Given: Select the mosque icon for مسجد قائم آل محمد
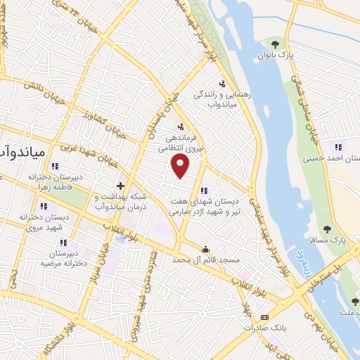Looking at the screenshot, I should tap(205, 248).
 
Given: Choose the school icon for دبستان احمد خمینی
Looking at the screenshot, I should tap(338, 147).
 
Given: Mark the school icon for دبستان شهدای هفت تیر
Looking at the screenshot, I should tap(204, 191).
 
